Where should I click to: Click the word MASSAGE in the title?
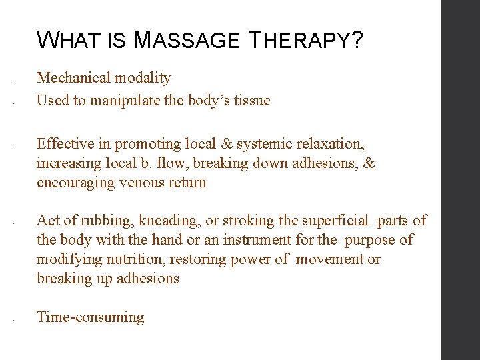(186, 41)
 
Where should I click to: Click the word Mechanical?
(73, 77)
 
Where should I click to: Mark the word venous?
(142, 183)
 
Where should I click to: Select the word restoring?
(196, 259)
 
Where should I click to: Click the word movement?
(329, 259)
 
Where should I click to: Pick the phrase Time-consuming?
(91, 317)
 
